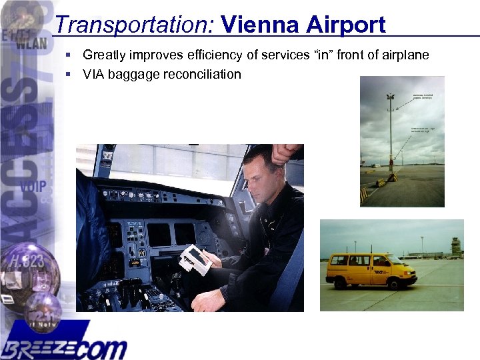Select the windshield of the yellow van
(x=395, y=259)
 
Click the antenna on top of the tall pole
(x=390, y=98)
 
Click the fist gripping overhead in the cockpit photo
(x=284, y=153)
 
